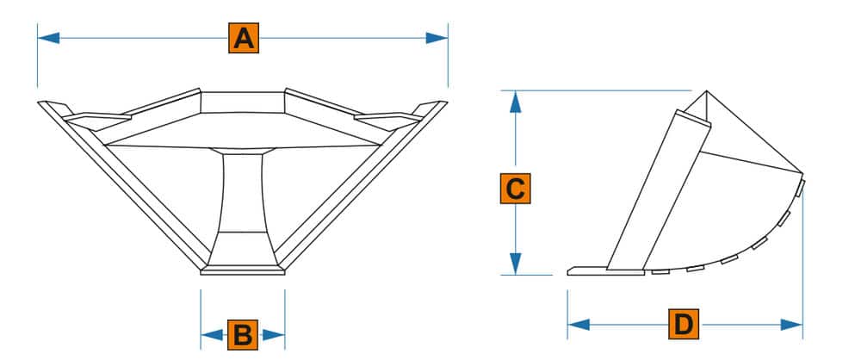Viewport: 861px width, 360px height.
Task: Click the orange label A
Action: [x=244, y=39]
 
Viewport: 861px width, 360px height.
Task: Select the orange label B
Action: [x=243, y=334]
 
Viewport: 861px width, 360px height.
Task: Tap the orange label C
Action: [x=514, y=189]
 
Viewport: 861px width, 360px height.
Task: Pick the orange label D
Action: [x=684, y=325]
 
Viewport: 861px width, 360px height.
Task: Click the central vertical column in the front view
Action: [x=243, y=193]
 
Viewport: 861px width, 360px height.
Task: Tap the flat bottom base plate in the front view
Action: [x=243, y=271]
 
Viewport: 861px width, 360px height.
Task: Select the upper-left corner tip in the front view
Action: [x=43, y=104]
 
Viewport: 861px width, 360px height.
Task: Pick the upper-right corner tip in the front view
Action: [x=443, y=104]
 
